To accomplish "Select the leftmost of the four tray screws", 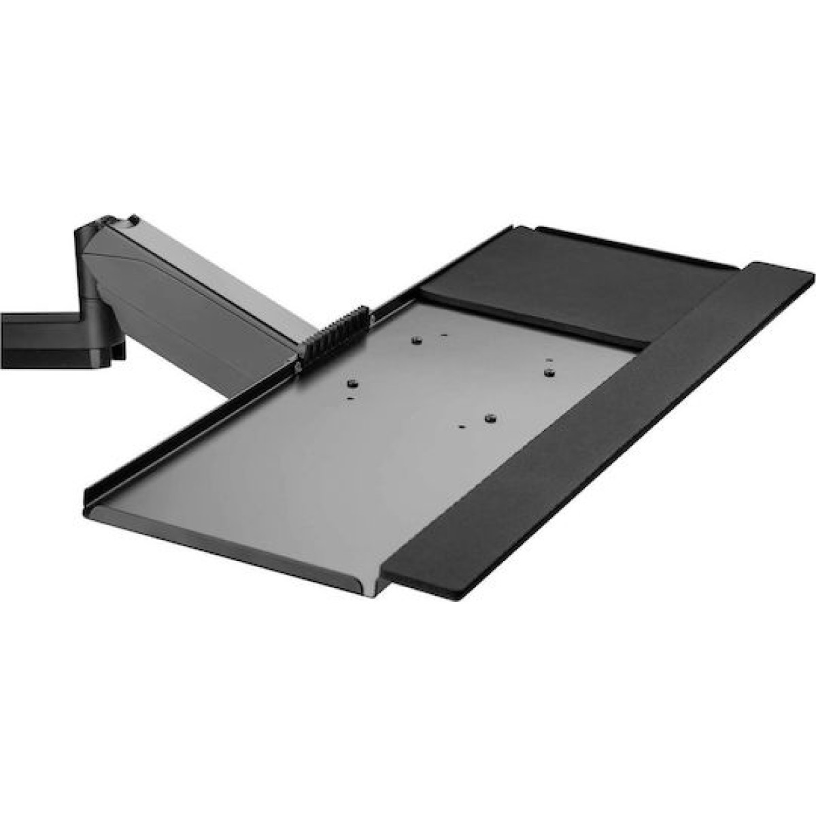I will tap(352, 384).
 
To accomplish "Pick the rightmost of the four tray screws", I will tap(549, 371).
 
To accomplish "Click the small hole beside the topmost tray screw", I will tap(443, 335).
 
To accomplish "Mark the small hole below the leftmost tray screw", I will tap(350, 398).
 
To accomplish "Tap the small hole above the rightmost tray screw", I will tap(551, 358).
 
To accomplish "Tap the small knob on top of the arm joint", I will tap(134, 219).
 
